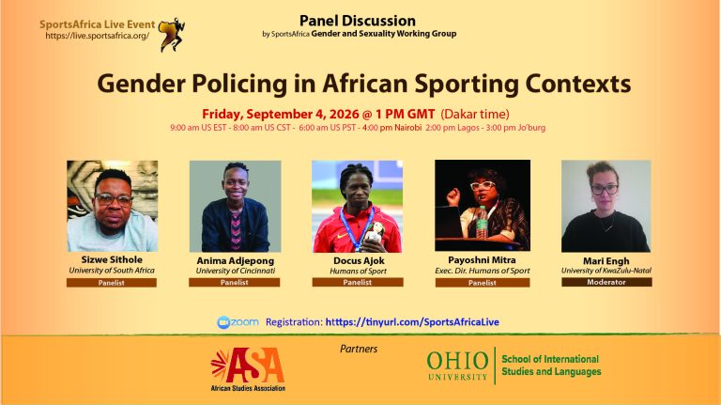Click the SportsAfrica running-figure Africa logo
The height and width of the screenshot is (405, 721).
[172, 35]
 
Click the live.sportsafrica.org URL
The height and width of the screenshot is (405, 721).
[98, 36]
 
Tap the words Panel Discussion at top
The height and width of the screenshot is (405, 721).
[358, 21]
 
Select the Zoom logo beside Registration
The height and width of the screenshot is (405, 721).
[238, 322]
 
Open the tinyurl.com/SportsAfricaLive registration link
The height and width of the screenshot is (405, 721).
[412, 322]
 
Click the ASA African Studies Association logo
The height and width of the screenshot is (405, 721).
[248, 369]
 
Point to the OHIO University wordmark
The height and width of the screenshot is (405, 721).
[457, 366]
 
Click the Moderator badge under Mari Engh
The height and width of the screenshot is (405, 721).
[606, 282]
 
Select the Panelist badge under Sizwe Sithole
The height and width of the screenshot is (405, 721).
[112, 283]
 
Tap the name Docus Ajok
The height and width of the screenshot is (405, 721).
[359, 260]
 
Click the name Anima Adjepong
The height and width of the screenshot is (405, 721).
[235, 260]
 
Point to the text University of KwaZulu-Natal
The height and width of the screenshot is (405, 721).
[606, 271]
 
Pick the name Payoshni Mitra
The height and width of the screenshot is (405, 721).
[482, 260]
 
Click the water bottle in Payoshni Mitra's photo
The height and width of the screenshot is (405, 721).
[482, 222]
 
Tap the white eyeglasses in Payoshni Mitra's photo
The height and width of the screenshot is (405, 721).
[483, 185]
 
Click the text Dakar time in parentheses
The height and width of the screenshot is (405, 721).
[475, 114]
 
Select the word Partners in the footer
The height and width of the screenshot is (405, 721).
[359, 349]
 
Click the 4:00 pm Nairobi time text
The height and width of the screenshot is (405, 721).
[391, 128]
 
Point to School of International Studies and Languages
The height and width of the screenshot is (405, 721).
[551, 366]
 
